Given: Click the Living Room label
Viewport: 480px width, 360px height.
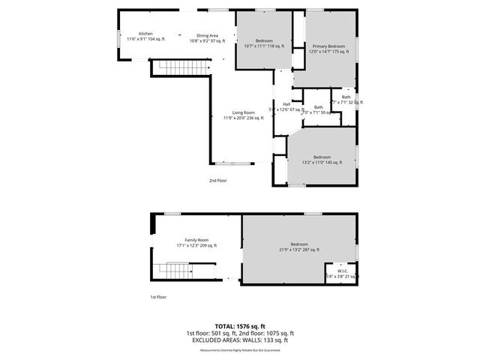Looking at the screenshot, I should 242,115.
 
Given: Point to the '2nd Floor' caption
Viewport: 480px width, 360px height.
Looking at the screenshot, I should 217,181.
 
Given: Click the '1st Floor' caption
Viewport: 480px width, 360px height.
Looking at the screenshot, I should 158,298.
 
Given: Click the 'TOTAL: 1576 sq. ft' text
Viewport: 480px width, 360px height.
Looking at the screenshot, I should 240,326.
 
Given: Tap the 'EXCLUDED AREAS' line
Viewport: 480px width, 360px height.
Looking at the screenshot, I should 240,340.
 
